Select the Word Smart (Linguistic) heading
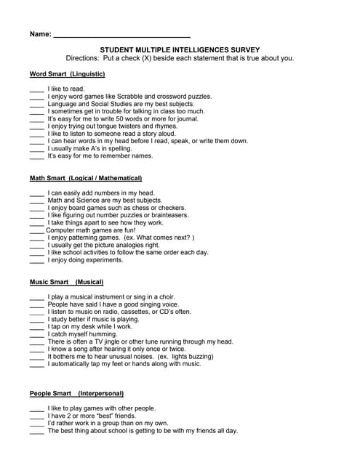click(x=67, y=74)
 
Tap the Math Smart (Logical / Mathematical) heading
click(x=86, y=178)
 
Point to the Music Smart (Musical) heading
click(x=66, y=282)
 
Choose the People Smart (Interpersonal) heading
click(x=71, y=393)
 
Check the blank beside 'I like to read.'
click(x=36, y=89)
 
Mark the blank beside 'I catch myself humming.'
click(x=36, y=334)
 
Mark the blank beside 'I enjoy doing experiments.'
click(x=36, y=260)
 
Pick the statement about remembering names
click(x=100, y=155)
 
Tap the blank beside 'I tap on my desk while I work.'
click(x=36, y=327)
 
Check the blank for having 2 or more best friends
click(x=36, y=416)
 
